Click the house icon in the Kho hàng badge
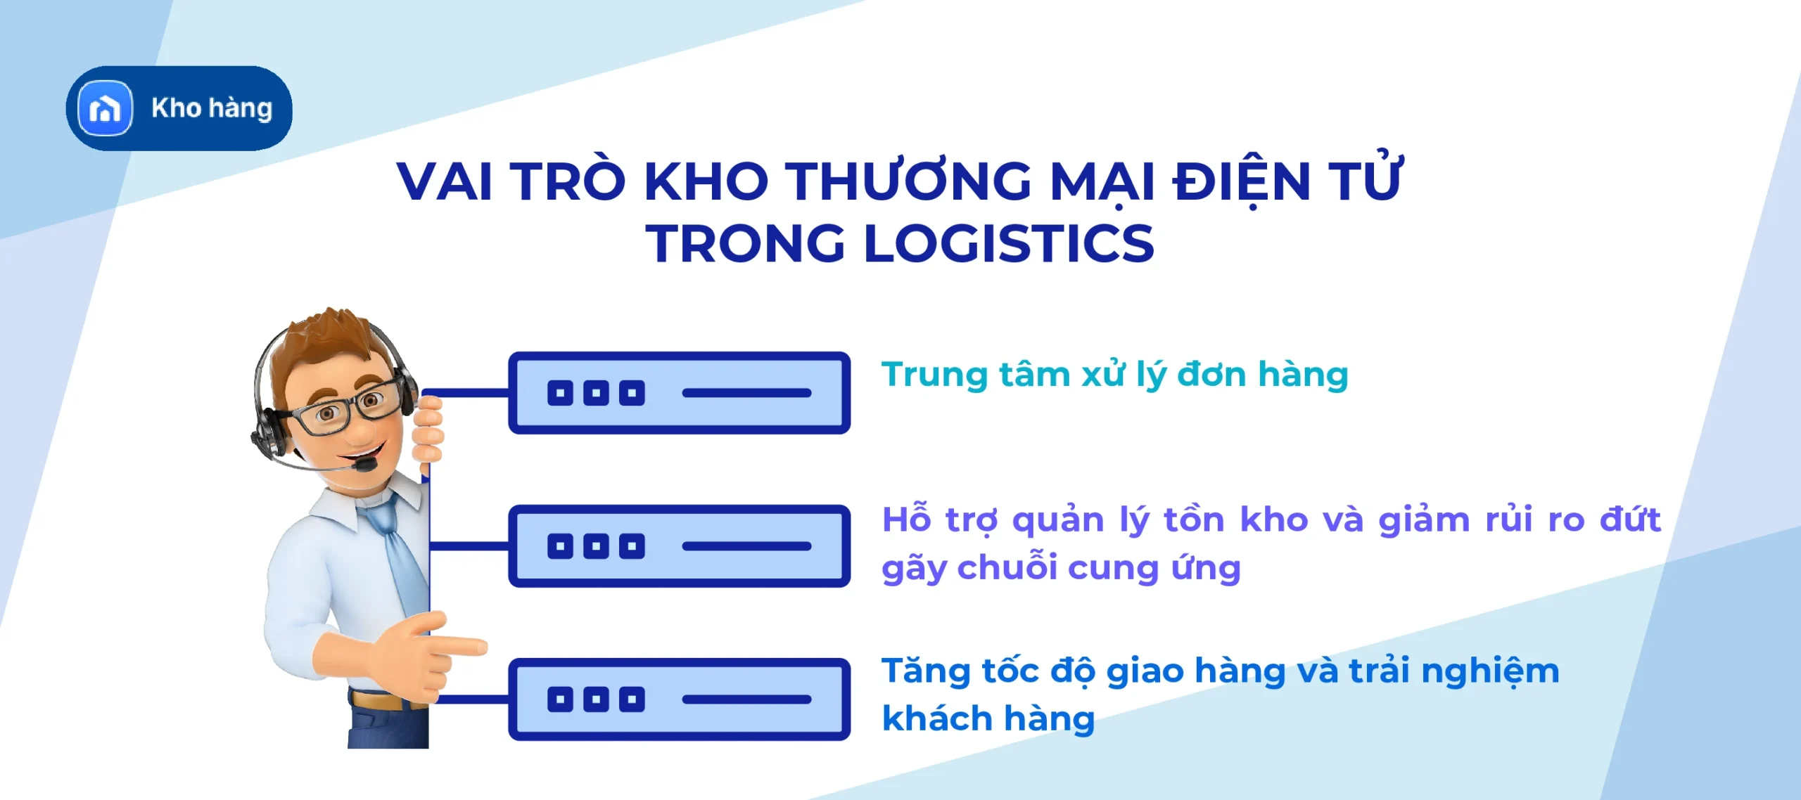point(106,108)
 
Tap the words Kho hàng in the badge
point(212,108)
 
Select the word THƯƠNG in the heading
point(908,181)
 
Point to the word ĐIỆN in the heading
point(1241,181)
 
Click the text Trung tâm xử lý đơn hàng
point(1114,375)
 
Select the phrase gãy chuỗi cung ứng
point(1061,568)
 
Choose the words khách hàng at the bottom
point(988,718)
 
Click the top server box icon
point(679,393)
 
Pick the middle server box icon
point(679,546)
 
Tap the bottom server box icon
point(679,699)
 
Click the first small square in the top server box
point(560,393)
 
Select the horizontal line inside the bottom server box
point(746,699)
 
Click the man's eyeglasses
point(345,408)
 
